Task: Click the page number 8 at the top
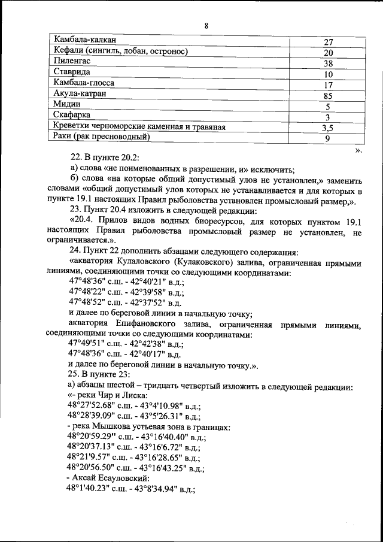click(205, 25)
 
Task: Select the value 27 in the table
click(328, 43)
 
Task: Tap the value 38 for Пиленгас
click(328, 63)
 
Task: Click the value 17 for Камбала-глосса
click(328, 85)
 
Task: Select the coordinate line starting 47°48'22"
click(126, 292)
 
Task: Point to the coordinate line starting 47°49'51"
click(126, 343)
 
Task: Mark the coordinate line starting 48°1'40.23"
click(132, 489)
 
